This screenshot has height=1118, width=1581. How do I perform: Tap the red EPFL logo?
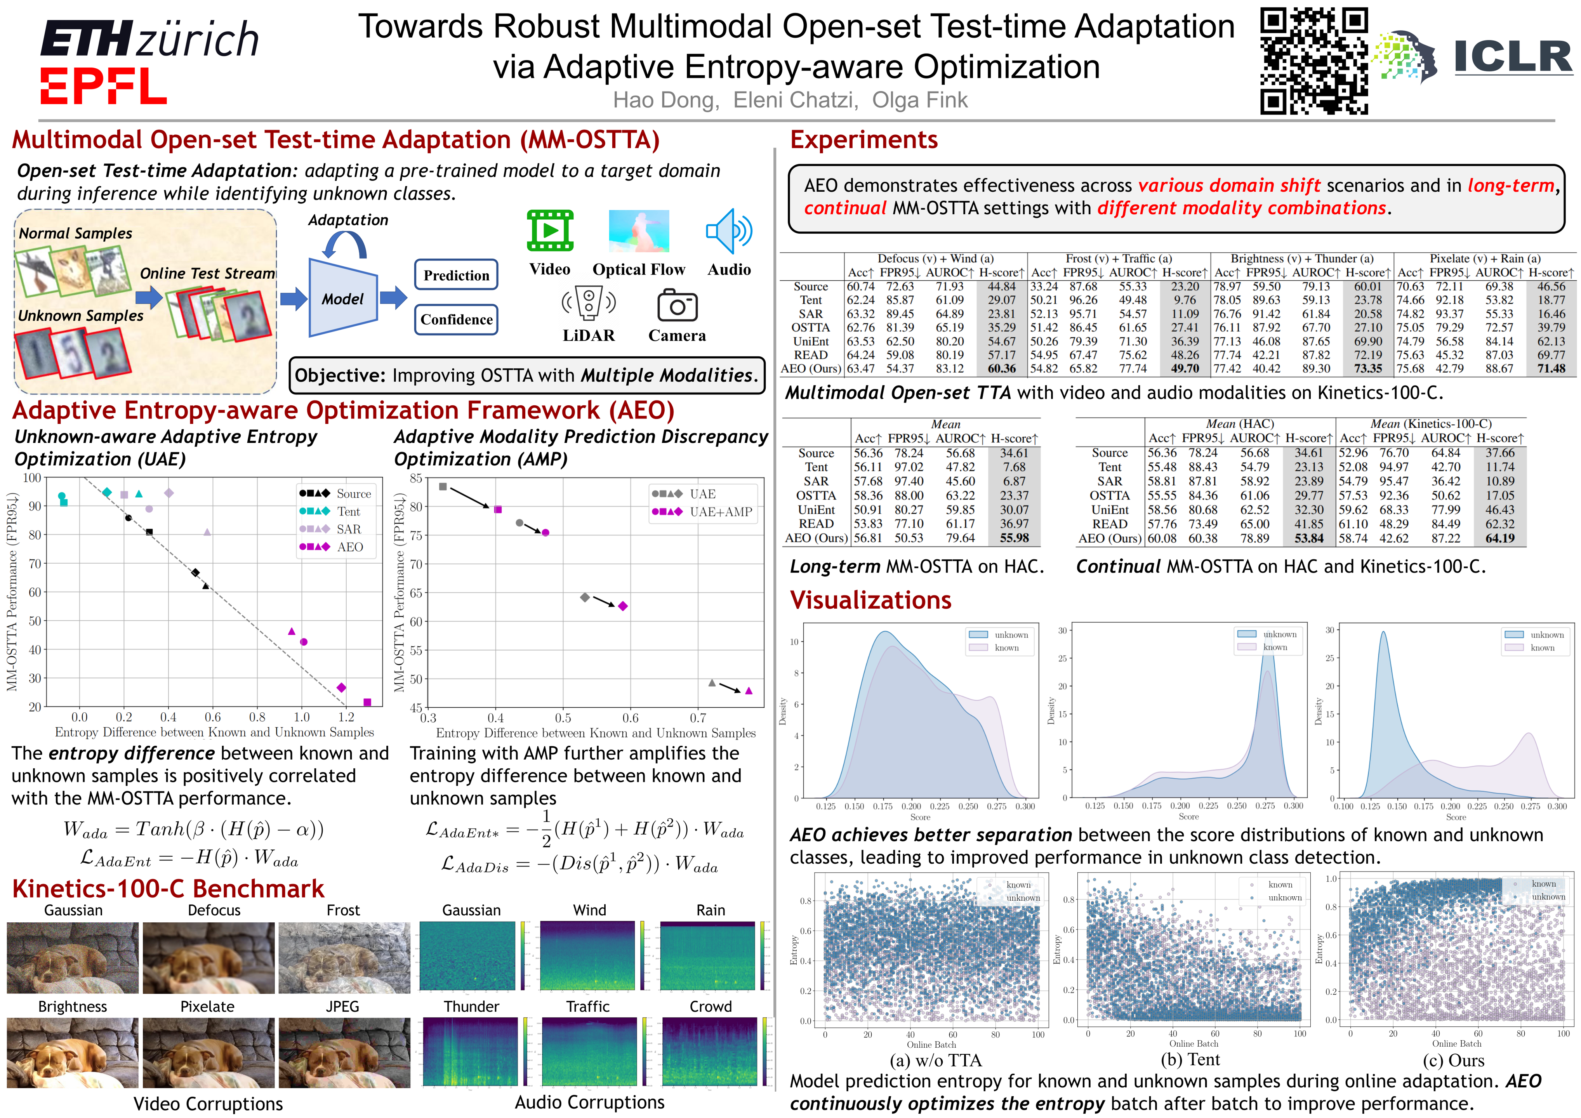pos(103,86)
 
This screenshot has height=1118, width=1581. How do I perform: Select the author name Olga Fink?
pos(919,101)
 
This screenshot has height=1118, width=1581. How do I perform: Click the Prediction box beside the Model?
pos(456,275)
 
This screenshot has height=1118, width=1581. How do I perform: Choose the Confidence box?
pos(456,319)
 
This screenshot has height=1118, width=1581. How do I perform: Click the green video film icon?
pos(550,231)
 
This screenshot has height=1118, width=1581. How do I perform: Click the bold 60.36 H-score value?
pos(1001,368)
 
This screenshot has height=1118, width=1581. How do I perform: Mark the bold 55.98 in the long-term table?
pos(1014,538)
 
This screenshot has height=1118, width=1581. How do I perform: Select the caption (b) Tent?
pos(1190,1059)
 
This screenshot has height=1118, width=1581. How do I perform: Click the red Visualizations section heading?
pos(870,600)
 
